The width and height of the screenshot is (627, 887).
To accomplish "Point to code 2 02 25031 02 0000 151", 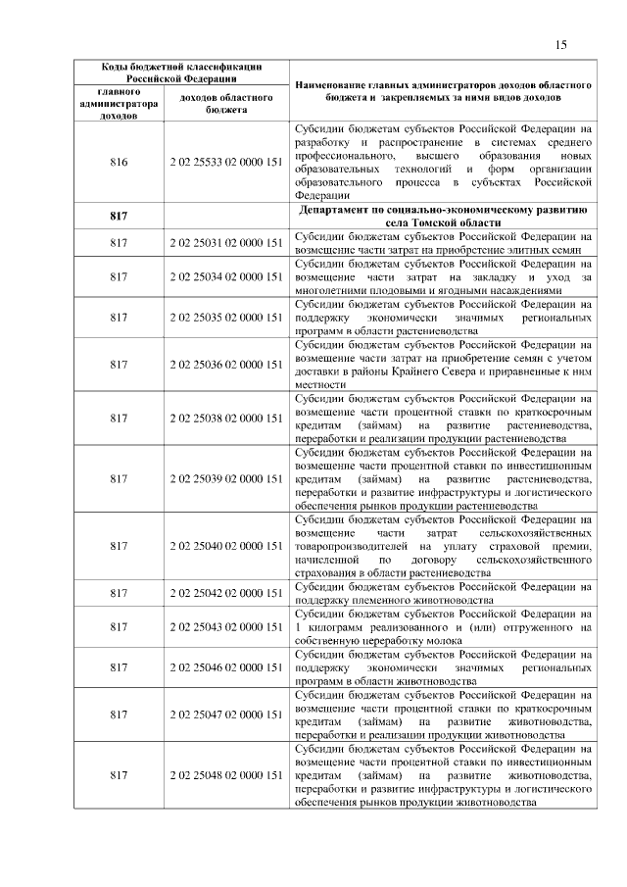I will point(226,243).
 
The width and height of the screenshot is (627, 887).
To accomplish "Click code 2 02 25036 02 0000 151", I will point(226,364).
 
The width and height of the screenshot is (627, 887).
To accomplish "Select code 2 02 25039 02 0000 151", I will point(226,478).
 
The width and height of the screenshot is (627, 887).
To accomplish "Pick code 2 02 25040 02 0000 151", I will point(226,544).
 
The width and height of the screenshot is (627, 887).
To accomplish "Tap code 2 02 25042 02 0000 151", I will point(226,593).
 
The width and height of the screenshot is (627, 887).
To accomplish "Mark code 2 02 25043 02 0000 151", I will point(226,626).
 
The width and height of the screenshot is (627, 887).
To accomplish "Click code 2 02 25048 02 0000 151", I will point(226,775).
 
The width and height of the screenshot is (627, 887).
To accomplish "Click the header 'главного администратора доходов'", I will point(119,103).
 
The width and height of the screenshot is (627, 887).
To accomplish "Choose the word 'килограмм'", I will point(332,626).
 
